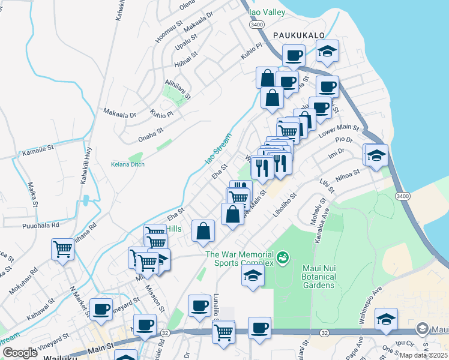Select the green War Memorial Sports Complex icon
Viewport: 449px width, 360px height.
tap(283, 259)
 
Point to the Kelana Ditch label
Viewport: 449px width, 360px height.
tap(127, 164)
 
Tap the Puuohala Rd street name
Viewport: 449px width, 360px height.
tap(38, 226)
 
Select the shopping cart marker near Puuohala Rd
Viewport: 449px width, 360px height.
tap(63, 249)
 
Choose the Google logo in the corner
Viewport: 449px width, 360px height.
tap(20, 352)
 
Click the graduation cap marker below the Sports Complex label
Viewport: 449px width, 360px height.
tap(253, 276)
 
